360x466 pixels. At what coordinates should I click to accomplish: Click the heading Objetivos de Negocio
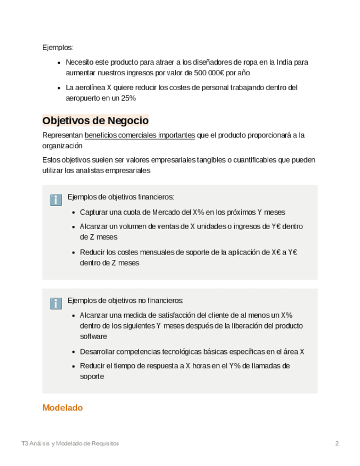pos(95,120)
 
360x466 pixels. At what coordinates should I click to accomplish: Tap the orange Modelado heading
pos(62,408)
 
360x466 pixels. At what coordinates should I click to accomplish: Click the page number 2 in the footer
pos(337,443)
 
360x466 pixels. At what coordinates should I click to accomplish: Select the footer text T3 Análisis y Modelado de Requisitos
pos(70,443)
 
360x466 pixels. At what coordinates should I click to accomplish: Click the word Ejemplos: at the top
pos(57,47)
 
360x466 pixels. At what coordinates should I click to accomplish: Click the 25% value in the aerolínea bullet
pos(128,98)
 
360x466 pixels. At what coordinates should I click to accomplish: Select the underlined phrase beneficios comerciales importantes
pos(140,135)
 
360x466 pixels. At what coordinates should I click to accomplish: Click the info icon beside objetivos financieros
pos(56,200)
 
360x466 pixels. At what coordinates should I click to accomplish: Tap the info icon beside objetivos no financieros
pos(56,303)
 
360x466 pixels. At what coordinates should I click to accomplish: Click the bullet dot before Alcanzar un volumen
pos(74,226)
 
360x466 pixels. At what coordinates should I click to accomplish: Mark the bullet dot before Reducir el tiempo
pos(74,366)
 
